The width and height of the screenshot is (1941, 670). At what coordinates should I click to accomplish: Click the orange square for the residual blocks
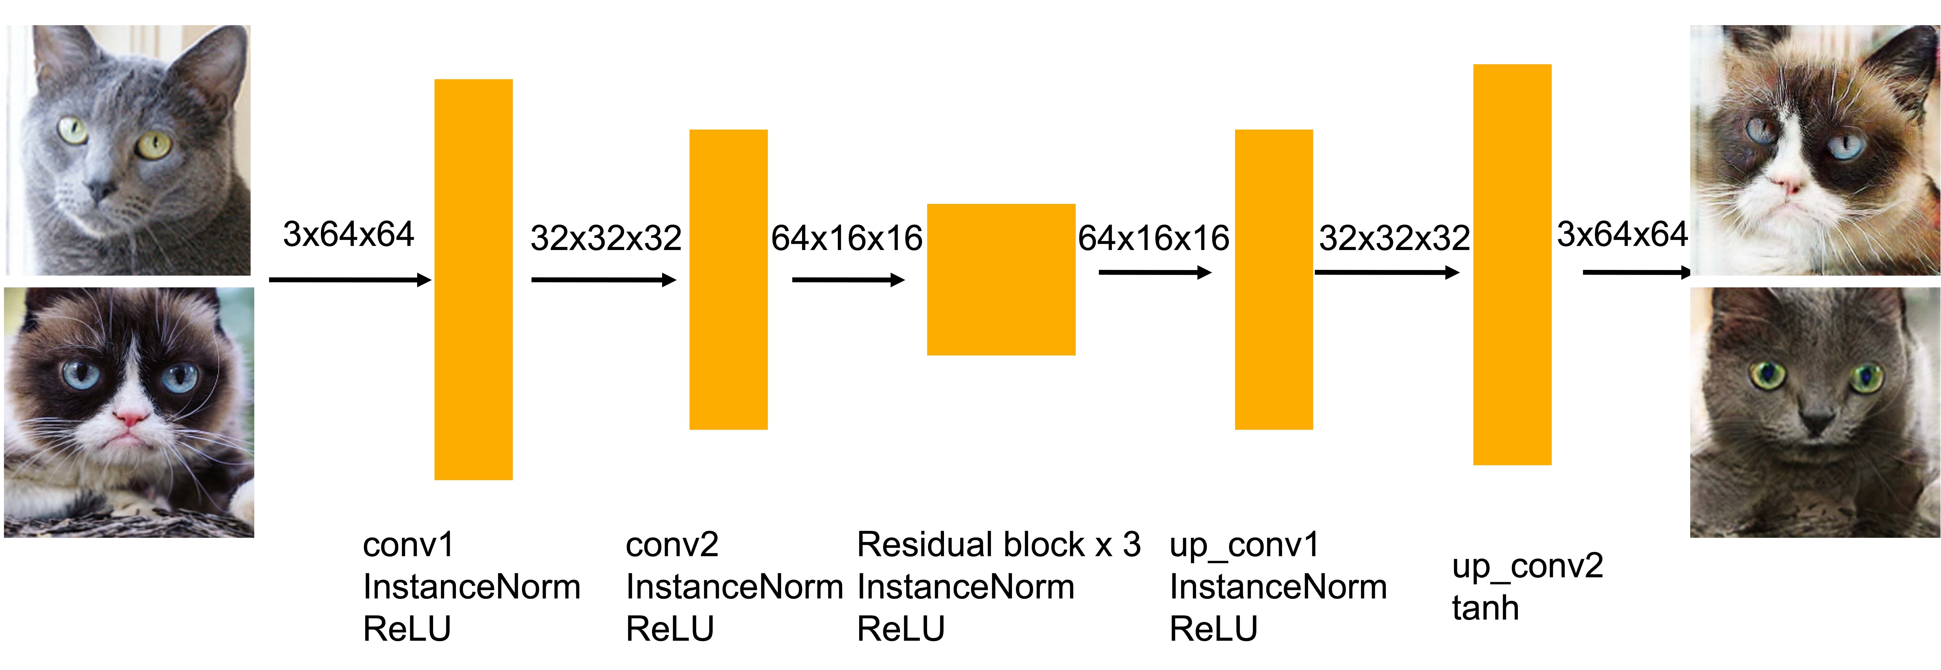click(x=1001, y=280)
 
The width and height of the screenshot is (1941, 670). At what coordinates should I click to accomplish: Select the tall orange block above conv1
click(x=473, y=280)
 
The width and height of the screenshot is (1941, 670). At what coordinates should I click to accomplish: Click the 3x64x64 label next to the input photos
click(x=348, y=234)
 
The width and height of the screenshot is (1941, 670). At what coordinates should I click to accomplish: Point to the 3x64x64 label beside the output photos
click(x=1622, y=234)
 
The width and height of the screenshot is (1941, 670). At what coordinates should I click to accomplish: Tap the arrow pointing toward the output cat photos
click(x=1637, y=272)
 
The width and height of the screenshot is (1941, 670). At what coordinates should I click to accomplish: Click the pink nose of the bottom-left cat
click(x=131, y=417)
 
